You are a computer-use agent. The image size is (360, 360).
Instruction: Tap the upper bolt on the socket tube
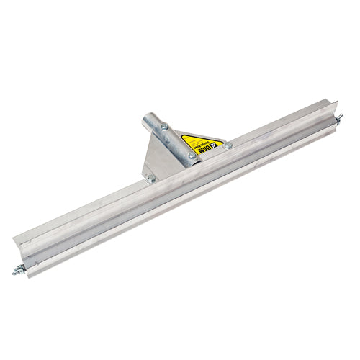click(x=166, y=127)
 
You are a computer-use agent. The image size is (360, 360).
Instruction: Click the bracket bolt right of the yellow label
click(x=228, y=145)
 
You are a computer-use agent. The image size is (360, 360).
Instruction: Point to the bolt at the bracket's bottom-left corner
click(x=150, y=178)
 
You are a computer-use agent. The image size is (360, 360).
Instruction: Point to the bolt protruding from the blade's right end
click(x=338, y=117)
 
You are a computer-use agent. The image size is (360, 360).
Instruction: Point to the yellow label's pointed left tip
click(x=179, y=133)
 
